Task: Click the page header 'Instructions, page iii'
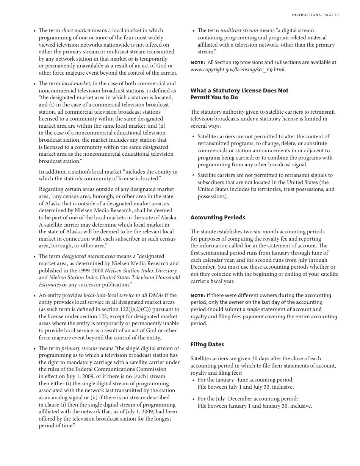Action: click(x=315, y=15)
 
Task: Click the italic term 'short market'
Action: click(x=76, y=31)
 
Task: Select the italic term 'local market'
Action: click(x=76, y=84)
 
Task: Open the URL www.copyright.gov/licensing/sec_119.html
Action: click(x=237, y=70)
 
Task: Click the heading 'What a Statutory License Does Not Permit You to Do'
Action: click(x=239, y=94)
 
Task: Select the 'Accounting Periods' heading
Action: click(x=218, y=217)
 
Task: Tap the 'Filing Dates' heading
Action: click(x=207, y=344)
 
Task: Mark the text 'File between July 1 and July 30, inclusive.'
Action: click(x=246, y=387)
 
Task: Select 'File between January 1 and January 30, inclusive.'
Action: click(x=255, y=406)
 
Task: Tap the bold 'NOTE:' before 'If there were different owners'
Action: click(x=197, y=296)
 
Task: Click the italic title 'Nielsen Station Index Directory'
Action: click(x=141, y=271)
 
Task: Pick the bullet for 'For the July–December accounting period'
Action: click(x=193, y=399)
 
